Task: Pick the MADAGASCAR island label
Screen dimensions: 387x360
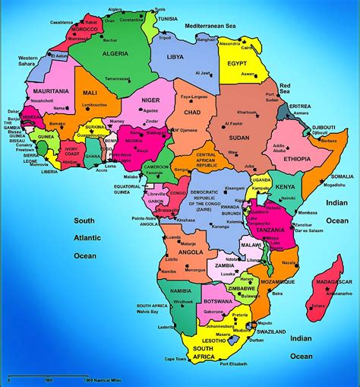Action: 334,284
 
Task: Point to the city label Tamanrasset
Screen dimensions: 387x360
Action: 120,99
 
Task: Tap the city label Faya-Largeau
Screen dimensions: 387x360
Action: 194,97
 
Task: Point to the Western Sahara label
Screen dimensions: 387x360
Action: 28,61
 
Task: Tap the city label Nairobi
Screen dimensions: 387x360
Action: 286,197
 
